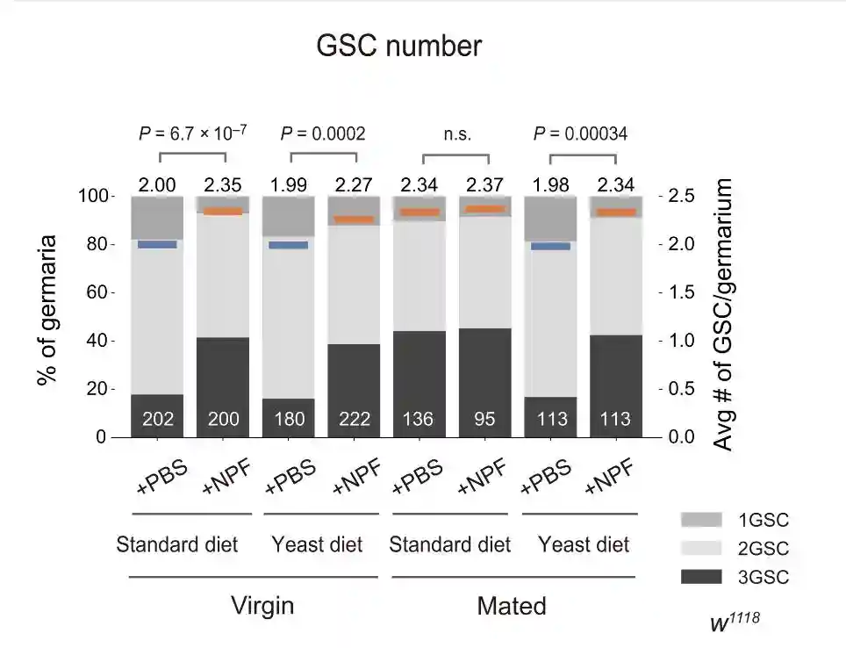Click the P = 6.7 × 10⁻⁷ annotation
coord(193,133)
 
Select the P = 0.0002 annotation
coord(323,133)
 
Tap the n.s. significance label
coord(456,134)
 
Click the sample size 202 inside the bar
coord(158,419)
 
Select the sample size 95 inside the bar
coord(485,419)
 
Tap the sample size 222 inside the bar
coord(355,419)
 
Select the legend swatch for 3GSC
coord(701,577)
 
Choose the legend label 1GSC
coord(764,521)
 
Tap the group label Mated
coord(512,606)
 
